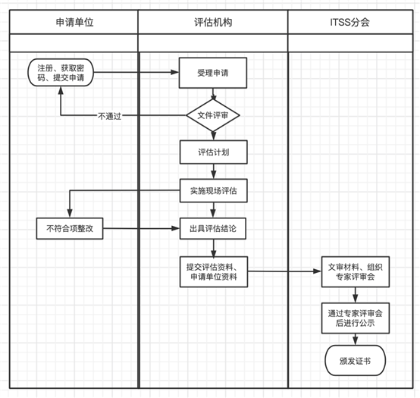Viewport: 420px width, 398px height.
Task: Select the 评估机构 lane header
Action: pyautogui.click(x=213, y=23)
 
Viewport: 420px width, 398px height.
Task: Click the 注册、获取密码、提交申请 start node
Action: pyautogui.click(x=61, y=74)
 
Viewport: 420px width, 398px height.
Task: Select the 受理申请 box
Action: pyautogui.click(x=213, y=74)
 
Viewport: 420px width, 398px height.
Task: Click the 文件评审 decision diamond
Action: pyautogui.click(x=213, y=115)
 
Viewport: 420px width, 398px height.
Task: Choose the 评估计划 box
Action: pyautogui.click(x=213, y=152)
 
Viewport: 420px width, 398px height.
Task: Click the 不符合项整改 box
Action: pyautogui.click(x=70, y=227)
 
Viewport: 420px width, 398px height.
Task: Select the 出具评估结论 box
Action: pyautogui.click(x=213, y=227)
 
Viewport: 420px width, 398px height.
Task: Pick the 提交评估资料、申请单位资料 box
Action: pyautogui.click(x=213, y=271)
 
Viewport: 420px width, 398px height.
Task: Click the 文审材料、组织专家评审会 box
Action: pyautogui.click(x=354, y=271)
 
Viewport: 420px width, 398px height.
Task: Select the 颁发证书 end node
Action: pyautogui.click(x=354, y=359)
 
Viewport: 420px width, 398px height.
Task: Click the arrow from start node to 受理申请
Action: pyautogui.click(x=136, y=74)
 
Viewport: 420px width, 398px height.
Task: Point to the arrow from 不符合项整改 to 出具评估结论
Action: pyautogui.click(x=140, y=227)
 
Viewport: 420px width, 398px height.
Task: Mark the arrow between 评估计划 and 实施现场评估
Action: pyautogui.click(x=213, y=171)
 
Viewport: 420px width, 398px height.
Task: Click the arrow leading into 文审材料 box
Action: pyautogui.click(x=284, y=271)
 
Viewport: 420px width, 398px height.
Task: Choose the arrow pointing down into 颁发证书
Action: pyautogui.click(x=354, y=338)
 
